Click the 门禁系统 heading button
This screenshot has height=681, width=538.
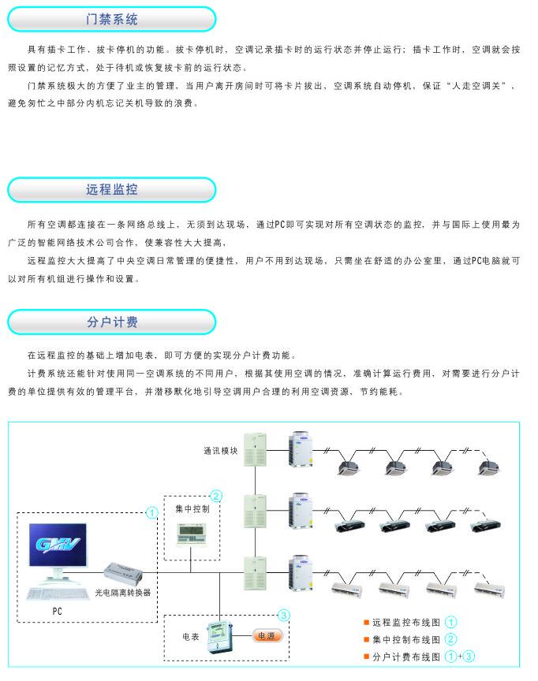(x=111, y=19)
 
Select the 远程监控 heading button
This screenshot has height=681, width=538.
(x=111, y=190)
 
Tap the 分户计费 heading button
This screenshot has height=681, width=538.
(x=111, y=322)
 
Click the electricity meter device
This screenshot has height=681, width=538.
(x=218, y=634)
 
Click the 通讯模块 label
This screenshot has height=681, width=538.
(x=219, y=452)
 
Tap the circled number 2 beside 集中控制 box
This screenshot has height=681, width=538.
(x=215, y=496)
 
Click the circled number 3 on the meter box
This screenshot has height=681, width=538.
(x=284, y=615)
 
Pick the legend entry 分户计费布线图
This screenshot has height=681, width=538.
(x=406, y=656)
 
